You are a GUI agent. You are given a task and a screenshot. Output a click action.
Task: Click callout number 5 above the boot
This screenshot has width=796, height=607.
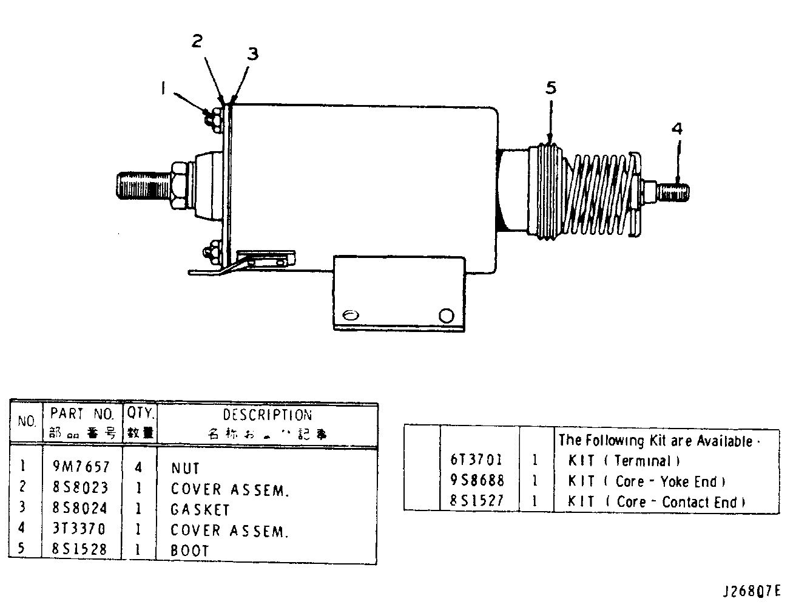pos(550,87)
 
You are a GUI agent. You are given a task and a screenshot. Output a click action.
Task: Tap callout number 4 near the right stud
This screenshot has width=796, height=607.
pos(677,128)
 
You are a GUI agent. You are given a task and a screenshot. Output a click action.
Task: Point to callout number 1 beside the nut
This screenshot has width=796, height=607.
pos(163,89)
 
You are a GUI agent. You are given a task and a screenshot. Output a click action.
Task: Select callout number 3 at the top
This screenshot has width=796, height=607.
pos(252,53)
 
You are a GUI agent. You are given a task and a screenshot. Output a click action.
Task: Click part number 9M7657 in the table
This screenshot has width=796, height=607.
pos(81,467)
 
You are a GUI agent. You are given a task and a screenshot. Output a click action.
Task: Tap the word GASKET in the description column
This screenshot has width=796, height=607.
pos(200,509)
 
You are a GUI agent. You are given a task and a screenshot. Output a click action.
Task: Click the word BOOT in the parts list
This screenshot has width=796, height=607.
pos(190,551)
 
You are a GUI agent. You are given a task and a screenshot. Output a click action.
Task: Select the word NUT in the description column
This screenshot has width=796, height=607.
pos(185,468)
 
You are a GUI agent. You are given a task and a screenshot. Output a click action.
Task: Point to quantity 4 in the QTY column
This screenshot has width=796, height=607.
pos(140,467)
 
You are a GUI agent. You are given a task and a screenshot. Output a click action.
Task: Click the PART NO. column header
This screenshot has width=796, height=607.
pos(82,415)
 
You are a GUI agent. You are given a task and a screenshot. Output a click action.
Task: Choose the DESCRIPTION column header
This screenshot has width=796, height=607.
pos(267,415)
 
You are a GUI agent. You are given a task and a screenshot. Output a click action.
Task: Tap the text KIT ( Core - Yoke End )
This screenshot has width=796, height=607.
pos(647,481)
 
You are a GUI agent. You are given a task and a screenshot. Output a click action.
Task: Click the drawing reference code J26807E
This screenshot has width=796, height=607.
pos(752,591)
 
